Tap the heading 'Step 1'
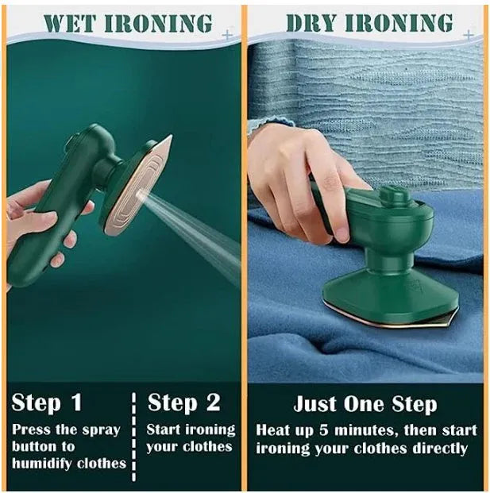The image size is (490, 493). tap(47, 402)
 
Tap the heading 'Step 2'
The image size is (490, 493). tap(183, 402)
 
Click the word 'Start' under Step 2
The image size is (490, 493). tap(166, 429)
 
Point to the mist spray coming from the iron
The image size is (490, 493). tap(199, 230)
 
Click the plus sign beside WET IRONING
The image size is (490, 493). tap(229, 35)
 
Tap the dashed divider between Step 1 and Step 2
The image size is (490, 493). tap(133, 433)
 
